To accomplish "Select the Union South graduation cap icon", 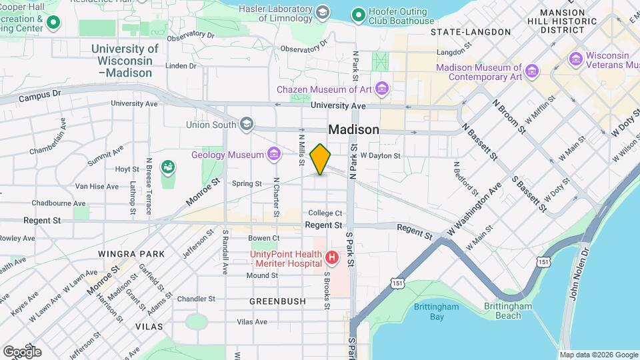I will coord(247,124).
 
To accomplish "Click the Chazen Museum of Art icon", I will coord(381,89).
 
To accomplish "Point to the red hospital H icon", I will coord(331,257).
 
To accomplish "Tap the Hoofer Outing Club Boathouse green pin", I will coord(359,14).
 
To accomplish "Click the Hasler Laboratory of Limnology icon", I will coord(323,13).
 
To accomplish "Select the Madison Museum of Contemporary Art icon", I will coord(532,71).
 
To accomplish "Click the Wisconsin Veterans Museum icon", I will coord(575,59).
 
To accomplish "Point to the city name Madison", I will coord(353,130).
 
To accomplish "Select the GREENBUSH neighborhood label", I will coord(277,301).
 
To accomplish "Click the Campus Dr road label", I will coord(40,97).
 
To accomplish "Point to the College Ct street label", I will coord(325,213).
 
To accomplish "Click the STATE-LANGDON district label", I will coord(471,32).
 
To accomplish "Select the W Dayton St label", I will coord(380,155).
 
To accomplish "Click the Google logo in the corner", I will coord(22,351).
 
